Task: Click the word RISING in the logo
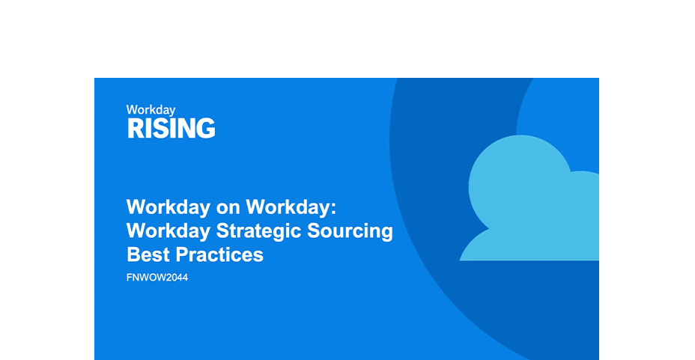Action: (171, 129)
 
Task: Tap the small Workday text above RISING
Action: (151, 110)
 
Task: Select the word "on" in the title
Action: (228, 207)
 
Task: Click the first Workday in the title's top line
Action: (168, 207)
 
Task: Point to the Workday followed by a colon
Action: (288, 207)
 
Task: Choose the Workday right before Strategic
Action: (168, 231)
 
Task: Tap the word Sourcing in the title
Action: (350, 231)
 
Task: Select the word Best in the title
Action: (148, 255)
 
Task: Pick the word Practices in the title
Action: (219, 255)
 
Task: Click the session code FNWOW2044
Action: (157, 278)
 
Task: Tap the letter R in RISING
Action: (135, 129)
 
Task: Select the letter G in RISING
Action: (206, 129)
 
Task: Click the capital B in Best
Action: (134, 255)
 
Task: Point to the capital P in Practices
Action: (183, 255)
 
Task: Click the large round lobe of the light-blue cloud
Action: (520, 186)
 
